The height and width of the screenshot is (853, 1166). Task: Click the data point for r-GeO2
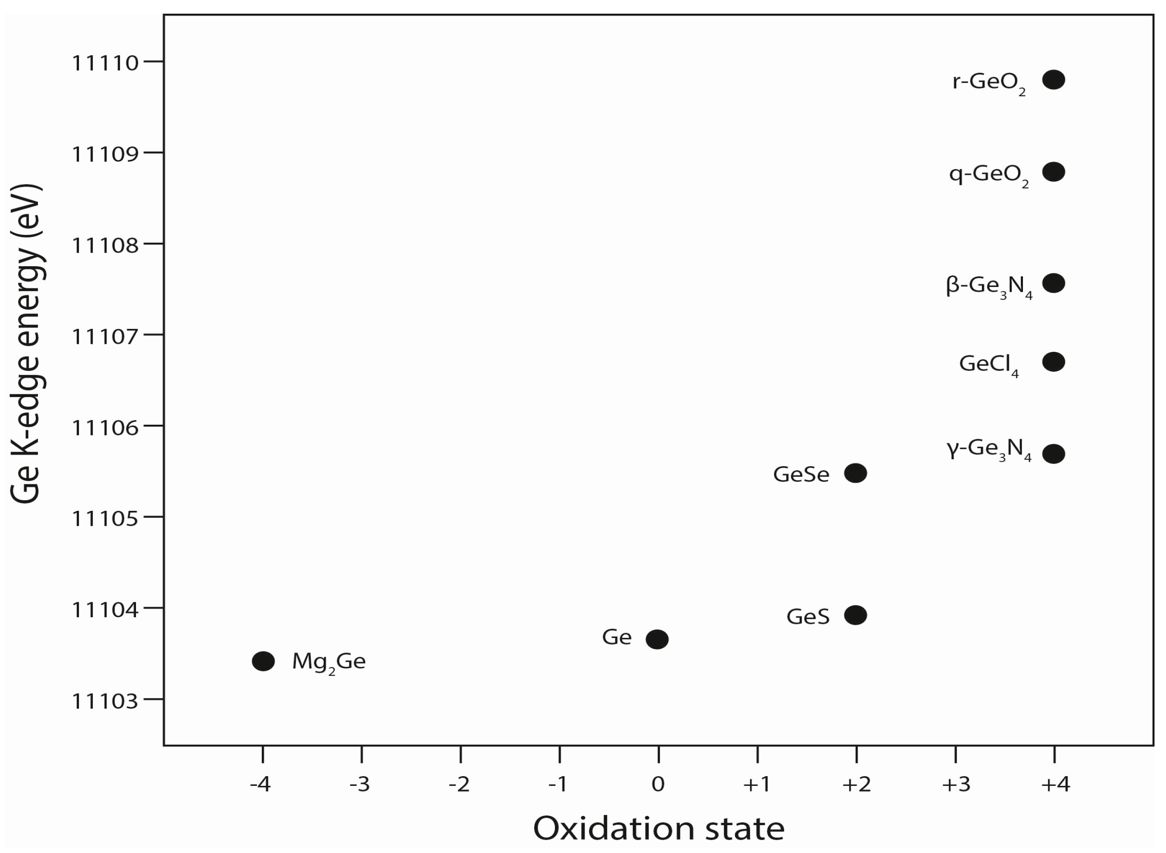coord(1053,80)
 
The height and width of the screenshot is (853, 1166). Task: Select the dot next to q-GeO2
coord(1053,172)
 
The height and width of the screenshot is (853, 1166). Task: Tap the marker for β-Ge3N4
coord(1053,283)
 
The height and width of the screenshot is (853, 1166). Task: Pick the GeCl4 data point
coord(1053,362)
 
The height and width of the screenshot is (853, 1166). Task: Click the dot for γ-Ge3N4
coord(1053,454)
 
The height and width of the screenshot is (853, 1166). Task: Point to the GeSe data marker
coord(855,473)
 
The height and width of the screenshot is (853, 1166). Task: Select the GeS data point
coord(855,615)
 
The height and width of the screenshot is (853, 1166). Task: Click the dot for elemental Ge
coord(657,640)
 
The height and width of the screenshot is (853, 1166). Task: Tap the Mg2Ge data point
coord(264,661)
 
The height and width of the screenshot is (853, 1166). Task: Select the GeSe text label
coord(800,475)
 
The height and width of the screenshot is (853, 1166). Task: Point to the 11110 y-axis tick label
coord(105,63)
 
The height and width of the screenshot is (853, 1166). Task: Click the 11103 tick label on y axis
coord(105,701)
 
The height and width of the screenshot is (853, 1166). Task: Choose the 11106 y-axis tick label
coord(105,427)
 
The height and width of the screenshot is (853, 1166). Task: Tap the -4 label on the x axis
coord(260,784)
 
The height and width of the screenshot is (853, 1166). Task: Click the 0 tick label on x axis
coord(658,784)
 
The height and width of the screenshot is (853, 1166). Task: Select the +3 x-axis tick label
coord(956,784)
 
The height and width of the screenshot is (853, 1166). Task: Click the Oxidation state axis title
coord(658,829)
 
